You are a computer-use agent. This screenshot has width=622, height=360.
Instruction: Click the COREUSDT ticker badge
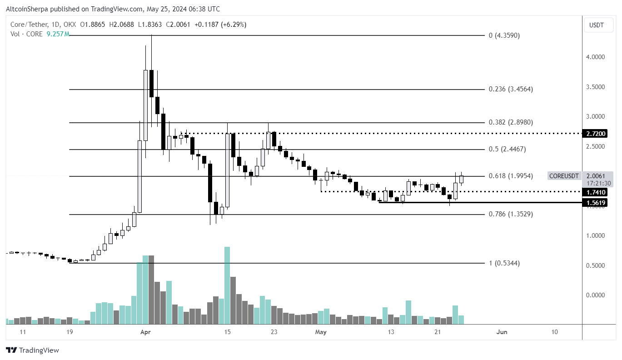tap(564, 176)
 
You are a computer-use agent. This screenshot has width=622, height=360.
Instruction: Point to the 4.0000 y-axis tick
tap(596, 57)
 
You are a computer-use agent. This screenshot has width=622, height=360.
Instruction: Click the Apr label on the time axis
tap(145, 332)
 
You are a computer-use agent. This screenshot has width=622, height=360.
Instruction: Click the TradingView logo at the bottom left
tap(32, 350)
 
